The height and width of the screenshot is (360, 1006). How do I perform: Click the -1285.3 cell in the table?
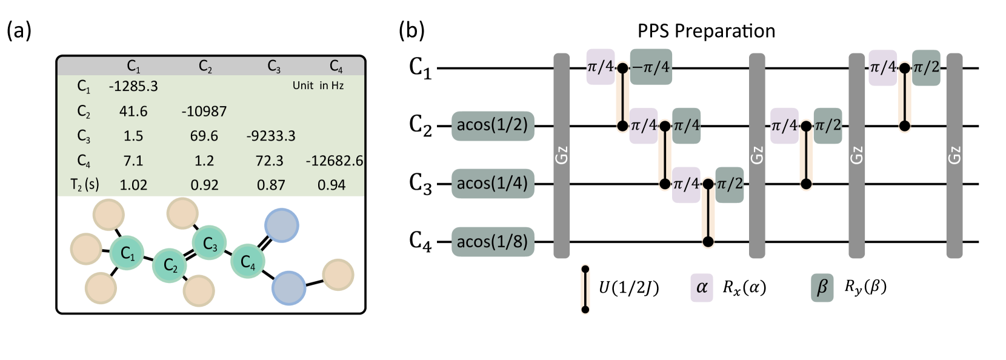click(x=133, y=86)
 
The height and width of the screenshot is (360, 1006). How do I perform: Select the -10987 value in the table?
click(x=204, y=111)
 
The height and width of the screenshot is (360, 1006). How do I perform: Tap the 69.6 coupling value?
click(x=204, y=136)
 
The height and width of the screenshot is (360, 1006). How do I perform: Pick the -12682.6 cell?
click(x=335, y=161)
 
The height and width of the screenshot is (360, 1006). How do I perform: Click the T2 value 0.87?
click(x=271, y=185)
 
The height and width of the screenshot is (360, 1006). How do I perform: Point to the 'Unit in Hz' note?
click(x=318, y=85)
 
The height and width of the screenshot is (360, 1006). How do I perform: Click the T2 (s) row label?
click(x=84, y=185)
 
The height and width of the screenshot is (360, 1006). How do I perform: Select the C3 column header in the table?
click(x=273, y=65)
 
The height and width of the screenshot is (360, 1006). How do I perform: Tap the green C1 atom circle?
click(x=127, y=253)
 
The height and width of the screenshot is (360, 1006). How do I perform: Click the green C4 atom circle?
click(x=247, y=261)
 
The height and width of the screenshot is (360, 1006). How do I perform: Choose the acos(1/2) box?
click(x=493, y=125)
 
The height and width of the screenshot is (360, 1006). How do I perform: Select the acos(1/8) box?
click(x=493, y=242)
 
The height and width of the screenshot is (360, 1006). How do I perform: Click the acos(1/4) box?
click(x=493, y=183)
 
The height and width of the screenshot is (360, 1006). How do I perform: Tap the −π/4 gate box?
click(x=651, y=67)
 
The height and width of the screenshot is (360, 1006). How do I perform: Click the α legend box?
click(x=702, y=287)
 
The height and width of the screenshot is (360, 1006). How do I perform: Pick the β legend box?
click(x=822, y=287)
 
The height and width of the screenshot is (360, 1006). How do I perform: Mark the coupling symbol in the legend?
click(x=585, y=289)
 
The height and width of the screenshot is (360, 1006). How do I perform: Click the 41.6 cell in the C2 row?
click(x=133, y=111)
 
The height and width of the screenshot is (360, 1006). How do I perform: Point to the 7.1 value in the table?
click(x=133, y=161)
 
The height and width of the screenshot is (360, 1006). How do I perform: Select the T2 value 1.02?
click(x=133, y=185)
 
